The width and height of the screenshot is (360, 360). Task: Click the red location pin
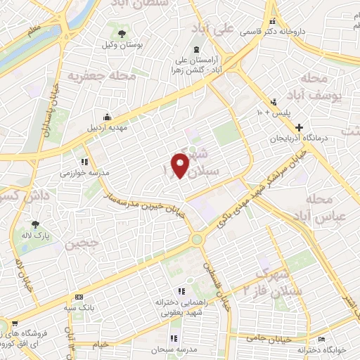point(181,165)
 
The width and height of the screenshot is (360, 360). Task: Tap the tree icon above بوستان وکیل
point(122,33)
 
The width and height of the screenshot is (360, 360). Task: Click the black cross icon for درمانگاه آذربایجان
point(301,127)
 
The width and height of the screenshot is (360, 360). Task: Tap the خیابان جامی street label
point(265,338)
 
